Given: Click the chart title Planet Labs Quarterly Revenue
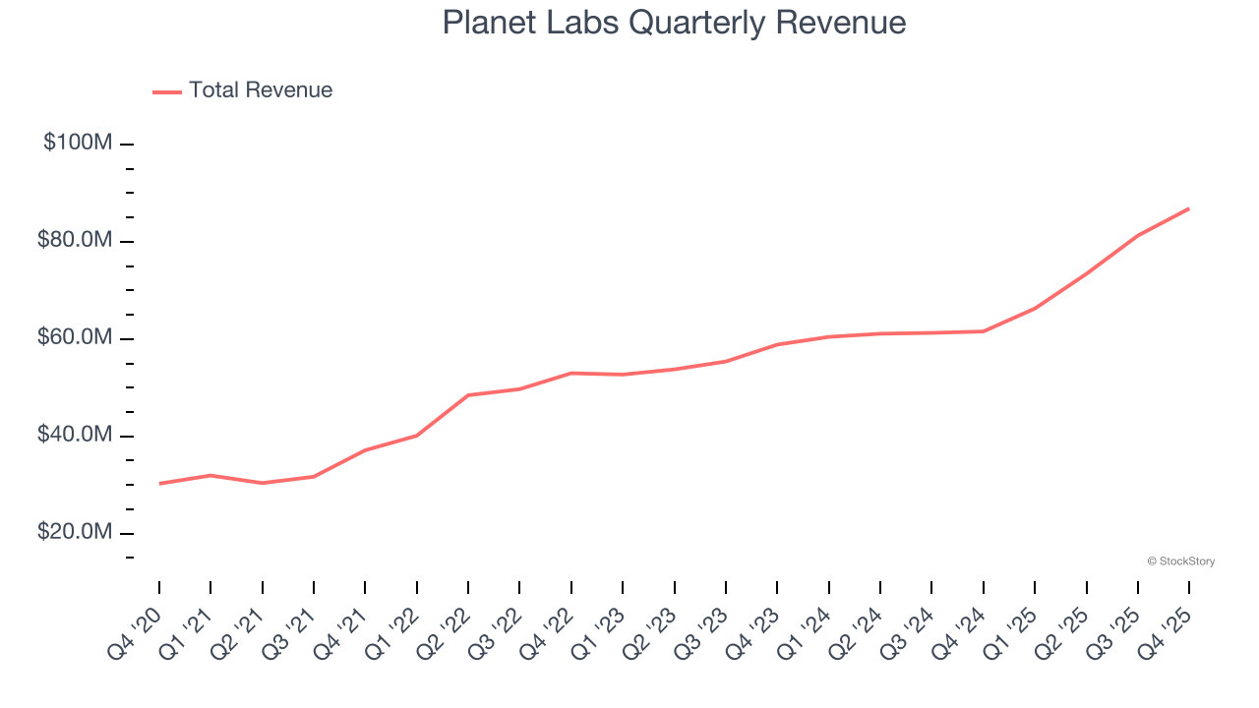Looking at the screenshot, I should click(x=674, y=22).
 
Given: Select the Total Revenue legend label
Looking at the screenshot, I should click(x=261, y=90).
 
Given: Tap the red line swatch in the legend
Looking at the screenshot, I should click(x=167, y=91).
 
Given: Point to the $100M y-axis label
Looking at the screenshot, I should click(x=78, y=143).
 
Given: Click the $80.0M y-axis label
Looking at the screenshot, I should click(x=76, y=240).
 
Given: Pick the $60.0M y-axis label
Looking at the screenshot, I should click(x=76, y=337).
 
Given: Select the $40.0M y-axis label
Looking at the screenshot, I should click(x=76, y=435).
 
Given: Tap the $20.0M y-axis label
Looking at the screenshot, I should click(x=76, y=532).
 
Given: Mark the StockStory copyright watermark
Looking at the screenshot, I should click(x=1180, y=561).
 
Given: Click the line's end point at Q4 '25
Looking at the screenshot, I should click(x=1189, y=208).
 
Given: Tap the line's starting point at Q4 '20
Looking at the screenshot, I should click(x=159, y=483).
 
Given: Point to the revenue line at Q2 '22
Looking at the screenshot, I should click(x=468, y=395).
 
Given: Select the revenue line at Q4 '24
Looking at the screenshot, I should click(x=984, y=331).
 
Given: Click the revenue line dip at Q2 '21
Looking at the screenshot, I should click(x=263, y=483).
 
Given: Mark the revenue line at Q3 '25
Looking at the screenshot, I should click(x=1138, y=235).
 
